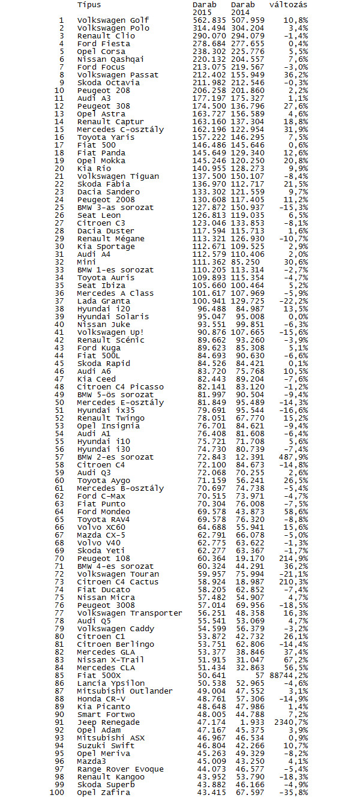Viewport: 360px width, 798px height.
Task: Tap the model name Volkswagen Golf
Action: point(113,20)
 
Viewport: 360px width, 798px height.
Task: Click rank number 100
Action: point(56,793)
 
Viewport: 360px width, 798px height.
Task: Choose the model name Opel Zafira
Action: point(103,793)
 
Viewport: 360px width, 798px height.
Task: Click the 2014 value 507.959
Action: point(247,20)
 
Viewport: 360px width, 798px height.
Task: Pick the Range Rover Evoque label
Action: point(120,769)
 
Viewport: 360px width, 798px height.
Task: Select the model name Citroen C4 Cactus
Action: point(118,582)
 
